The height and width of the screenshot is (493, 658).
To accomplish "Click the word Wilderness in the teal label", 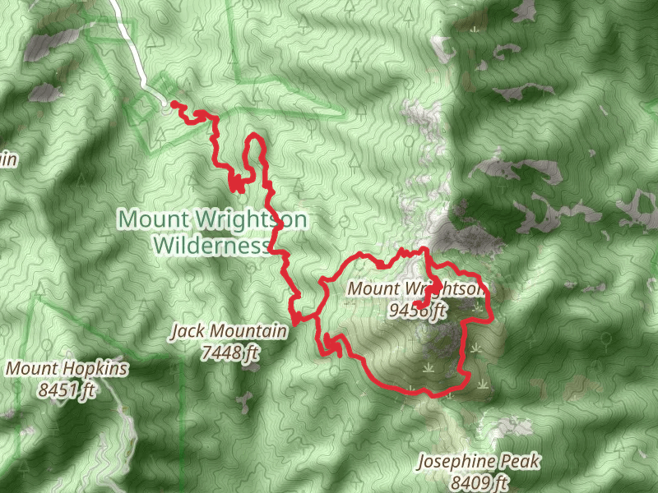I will click(211, 244).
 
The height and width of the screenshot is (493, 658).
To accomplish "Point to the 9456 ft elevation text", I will click(419, 310).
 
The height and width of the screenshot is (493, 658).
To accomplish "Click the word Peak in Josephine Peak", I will click(522, 462).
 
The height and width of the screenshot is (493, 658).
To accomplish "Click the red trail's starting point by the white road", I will click(174, 104).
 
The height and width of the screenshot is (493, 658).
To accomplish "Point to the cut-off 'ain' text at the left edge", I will click(7, 159).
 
